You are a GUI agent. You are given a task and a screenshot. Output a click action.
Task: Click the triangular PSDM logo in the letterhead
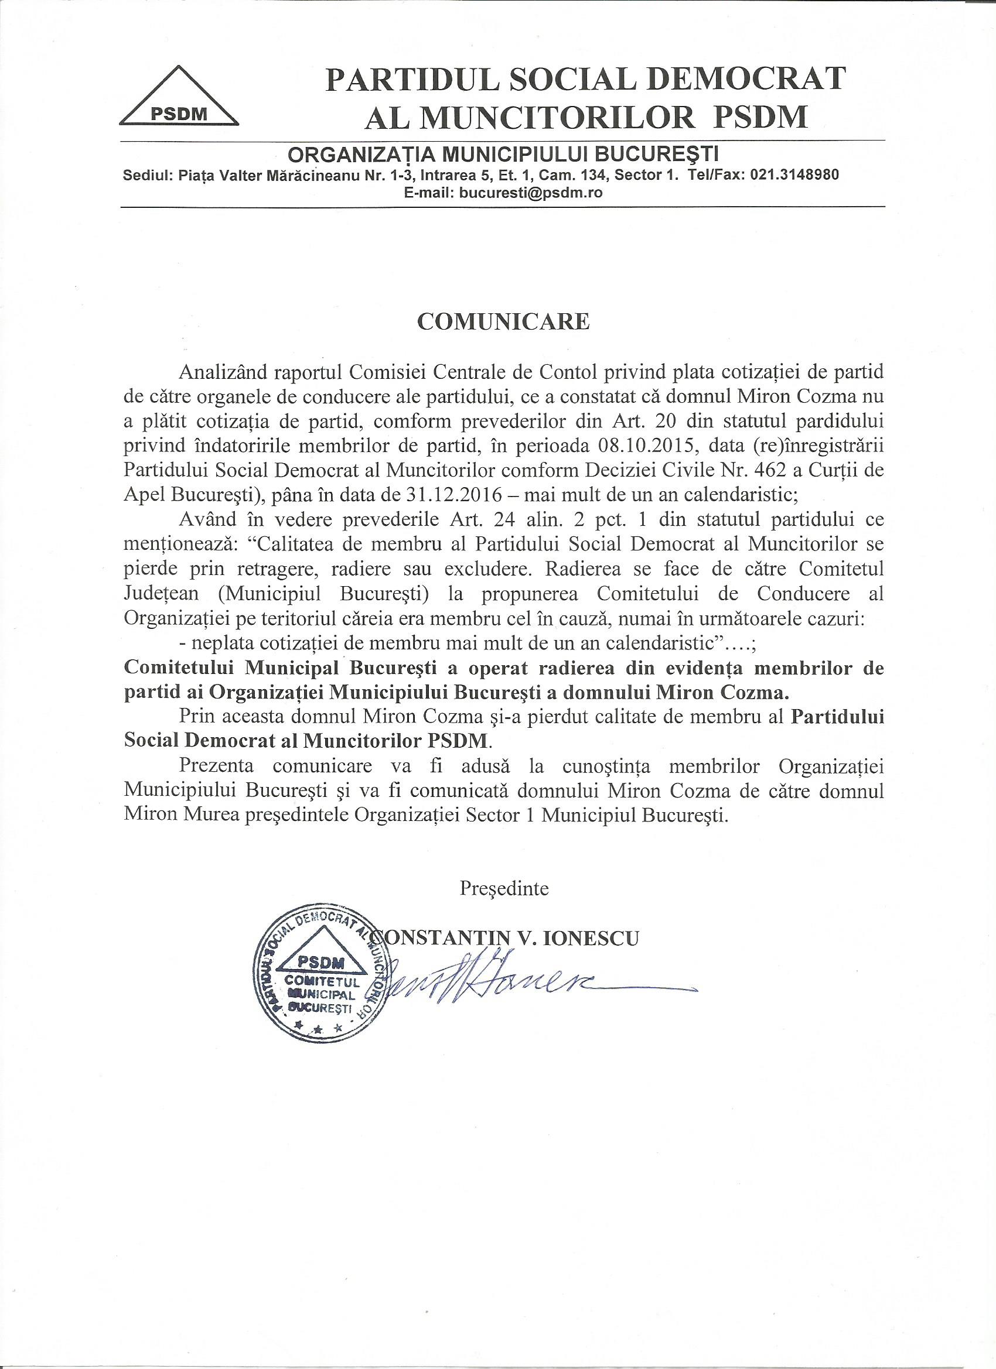(x=179, y=98)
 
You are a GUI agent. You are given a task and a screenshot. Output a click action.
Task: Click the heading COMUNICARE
(x=503, y=321)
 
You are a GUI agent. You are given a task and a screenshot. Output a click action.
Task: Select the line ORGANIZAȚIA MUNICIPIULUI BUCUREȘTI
(x=504, y=155)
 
